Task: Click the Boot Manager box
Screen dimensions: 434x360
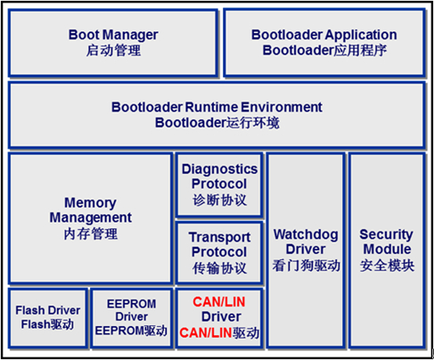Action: (113, 43)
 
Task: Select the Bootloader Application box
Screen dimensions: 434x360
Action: (324, 43)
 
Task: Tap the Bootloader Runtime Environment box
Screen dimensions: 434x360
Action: (217, 115)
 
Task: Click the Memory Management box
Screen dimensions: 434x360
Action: (90, 218)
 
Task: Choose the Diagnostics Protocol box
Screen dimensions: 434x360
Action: (219, 184)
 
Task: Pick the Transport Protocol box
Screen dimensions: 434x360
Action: (219, 252)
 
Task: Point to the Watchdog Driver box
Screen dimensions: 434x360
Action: (306, 250)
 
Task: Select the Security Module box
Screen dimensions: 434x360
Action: (387, 250)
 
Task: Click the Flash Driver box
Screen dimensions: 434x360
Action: (48, 317)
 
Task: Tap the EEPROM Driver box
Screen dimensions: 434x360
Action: (132, 317)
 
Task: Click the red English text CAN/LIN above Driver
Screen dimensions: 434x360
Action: (219, 302)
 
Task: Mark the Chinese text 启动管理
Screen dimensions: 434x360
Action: (113, 50)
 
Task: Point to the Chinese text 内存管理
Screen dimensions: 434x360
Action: (91, 233)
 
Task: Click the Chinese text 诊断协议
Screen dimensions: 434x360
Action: (219, 200)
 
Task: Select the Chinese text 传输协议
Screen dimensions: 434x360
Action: (219, 268)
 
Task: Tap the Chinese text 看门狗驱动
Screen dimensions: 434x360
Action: (306, 266)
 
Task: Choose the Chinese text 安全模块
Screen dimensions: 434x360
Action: (387, 266)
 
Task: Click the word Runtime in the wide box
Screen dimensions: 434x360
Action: (212, 107)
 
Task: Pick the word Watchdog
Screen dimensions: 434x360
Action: (306, 235)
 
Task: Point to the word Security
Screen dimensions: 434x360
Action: (386, 235)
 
